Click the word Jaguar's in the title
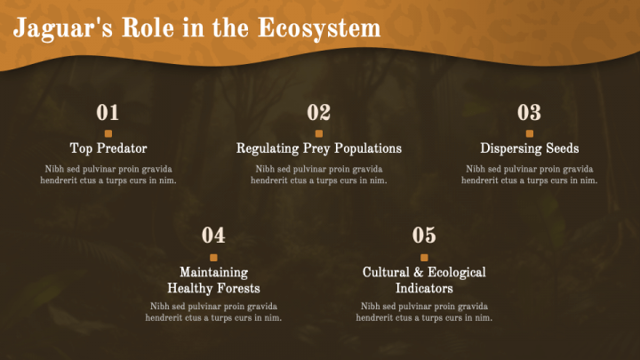(63, 28)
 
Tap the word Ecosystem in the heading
(319, 28)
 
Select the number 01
(108, 112)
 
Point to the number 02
(319, 112)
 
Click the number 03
(530, 112)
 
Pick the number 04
(213, 235)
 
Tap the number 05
(424, 235)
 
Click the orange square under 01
(108, 133)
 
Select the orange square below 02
(319, 133)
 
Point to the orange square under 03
(530, 133)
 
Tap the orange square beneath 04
(213, 258)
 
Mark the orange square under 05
(424, 258)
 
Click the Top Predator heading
(108, 148)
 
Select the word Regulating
(268, 148)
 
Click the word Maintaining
(214, 273)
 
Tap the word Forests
(238, 288)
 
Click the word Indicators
(424, 288)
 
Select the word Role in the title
(148, 28)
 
